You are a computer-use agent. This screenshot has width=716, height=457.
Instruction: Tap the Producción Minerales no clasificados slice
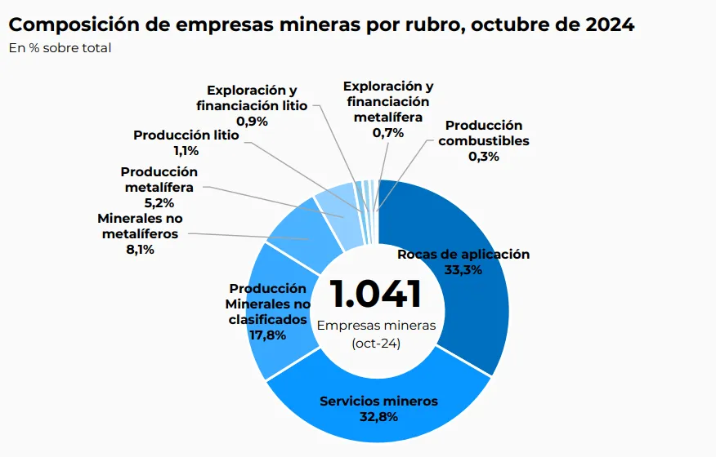(274, 343)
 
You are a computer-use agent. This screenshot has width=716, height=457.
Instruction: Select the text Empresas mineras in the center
(376, 325)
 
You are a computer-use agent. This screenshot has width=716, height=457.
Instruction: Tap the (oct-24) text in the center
(376, 343)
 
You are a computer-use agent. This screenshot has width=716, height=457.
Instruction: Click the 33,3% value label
(463, 269)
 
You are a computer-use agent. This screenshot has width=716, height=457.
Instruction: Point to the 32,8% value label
(378, 417)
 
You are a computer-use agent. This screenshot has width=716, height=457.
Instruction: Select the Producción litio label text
(186, 135)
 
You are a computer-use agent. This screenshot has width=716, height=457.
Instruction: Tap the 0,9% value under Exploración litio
(252, 121)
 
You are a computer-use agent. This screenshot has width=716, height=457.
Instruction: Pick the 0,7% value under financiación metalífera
(388, 132)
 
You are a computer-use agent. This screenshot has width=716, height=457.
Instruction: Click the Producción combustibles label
(484, 133)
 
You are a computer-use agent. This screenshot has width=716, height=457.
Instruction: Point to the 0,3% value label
(484, 156)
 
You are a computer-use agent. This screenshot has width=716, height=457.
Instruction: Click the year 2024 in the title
(609, 24)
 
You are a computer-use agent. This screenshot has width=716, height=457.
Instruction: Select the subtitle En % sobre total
(60, 47)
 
